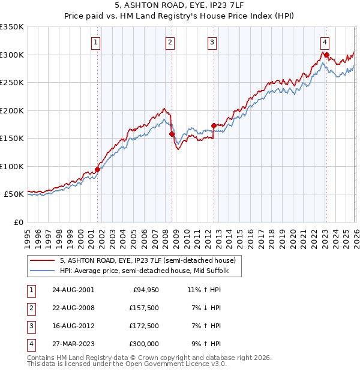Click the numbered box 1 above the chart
97,42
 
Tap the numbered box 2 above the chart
170,42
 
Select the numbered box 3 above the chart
212,42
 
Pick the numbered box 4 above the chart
325,42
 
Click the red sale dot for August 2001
97,169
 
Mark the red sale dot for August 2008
171,134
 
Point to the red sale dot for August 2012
214,126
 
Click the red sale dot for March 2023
326,55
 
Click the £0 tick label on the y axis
17,222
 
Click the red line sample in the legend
43,260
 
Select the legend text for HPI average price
149,271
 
